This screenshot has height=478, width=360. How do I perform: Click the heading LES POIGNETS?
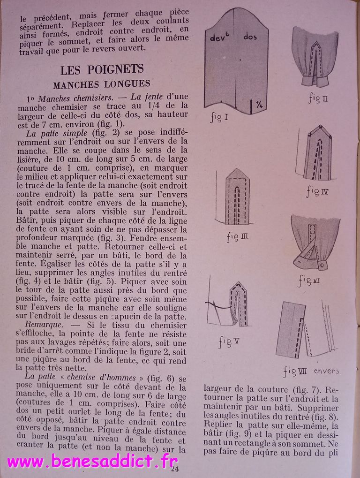102,70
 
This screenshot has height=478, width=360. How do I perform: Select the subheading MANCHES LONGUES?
101,85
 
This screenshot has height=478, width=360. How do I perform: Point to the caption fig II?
318,99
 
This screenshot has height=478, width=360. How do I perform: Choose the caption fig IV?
318,191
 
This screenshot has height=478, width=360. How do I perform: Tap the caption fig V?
229,342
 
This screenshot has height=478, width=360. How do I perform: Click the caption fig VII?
295,372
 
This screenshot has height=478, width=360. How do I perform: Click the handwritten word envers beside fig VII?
326,371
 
